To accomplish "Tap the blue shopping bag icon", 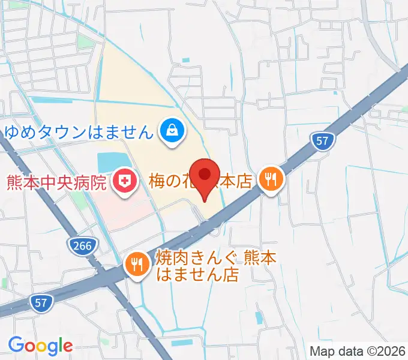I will (x=172, y=130).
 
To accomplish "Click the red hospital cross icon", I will (x=125, y=181).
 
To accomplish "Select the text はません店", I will (x=197, y=275).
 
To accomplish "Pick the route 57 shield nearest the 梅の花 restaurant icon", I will (x=323, y=141).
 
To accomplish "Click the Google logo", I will (x=40, y=345).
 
